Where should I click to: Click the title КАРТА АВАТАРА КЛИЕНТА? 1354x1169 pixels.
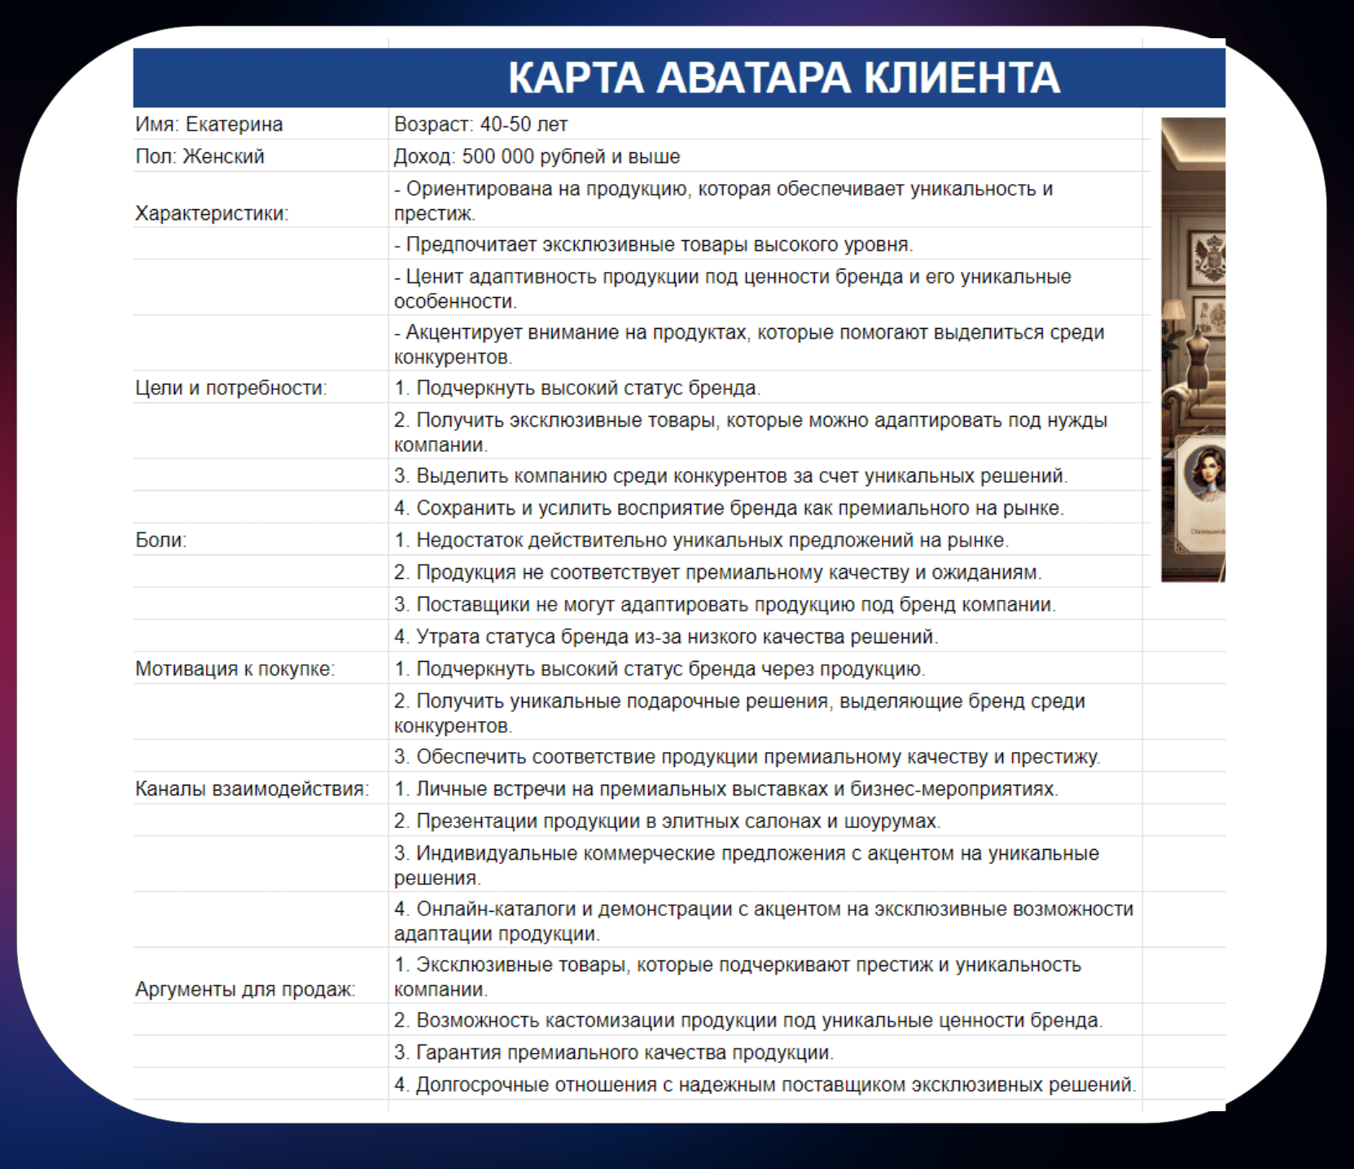coord(783,78)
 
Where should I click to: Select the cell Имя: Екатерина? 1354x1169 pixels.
coord(209,125)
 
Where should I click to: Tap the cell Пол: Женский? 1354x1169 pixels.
coord(200,156)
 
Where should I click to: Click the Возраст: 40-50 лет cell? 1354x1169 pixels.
coord(480,125)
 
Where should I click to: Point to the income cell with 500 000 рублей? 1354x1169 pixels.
coord(537,156)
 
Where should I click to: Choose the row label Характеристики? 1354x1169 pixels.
coord(212,213)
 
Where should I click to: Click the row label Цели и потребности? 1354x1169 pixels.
coord(230,387)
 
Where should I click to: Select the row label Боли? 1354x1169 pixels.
coord(161,540)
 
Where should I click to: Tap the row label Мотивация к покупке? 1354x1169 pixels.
coord(234,668)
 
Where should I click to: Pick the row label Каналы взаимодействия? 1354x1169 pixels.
coord(252,789)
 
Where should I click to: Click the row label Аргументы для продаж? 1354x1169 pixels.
coord(245,989)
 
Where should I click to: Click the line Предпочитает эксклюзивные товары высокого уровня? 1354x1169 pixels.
coord(654,244)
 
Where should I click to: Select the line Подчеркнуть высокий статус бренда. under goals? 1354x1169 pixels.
coord(577,387)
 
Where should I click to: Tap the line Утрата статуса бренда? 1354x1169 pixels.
coord(666,637)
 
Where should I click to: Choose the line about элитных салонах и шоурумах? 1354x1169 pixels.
coord(667,821)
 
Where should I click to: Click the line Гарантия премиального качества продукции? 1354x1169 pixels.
coord(614,1052)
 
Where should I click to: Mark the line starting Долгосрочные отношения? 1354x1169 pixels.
coord(765,1084)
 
